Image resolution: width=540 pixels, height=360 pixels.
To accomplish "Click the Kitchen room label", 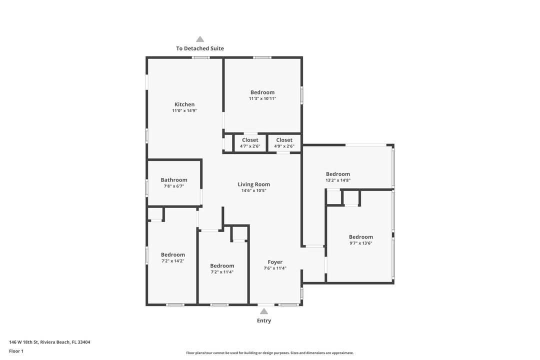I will tap(184, 104).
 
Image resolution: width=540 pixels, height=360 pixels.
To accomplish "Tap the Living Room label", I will tap(254, 184).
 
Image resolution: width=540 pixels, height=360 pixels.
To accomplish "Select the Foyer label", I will tap(275, 262).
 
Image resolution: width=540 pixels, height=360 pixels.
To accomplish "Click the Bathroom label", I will tap(174, 180).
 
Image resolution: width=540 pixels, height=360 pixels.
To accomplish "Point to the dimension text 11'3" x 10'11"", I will tap(262, 98).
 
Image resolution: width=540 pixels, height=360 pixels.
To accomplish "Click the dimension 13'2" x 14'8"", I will tap(338, 180).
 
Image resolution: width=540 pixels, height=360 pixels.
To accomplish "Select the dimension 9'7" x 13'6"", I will tap(361, 243).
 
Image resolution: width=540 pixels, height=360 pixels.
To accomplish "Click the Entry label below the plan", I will tap(264, 320).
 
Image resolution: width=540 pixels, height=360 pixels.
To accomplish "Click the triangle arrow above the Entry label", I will tap(264, 311).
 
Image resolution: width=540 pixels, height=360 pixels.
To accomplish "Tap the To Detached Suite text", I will tap(200, 48).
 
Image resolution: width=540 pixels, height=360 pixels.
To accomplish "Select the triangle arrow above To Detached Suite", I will tap(200, 39).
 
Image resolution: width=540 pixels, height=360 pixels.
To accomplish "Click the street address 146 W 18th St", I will tap(49, 342).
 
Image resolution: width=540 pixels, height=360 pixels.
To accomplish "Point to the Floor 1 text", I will tap(16, 351).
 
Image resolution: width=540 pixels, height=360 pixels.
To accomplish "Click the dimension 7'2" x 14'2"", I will tap(173, 260).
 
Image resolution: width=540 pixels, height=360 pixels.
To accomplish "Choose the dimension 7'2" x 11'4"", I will tap(222, 272).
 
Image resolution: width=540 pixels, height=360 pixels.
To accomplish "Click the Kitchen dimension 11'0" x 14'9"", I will tap(184, 110).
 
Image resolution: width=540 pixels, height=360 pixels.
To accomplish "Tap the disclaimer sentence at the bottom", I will tap(270, 353).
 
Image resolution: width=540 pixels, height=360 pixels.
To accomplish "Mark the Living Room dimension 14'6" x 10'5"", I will tap(254, 190).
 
